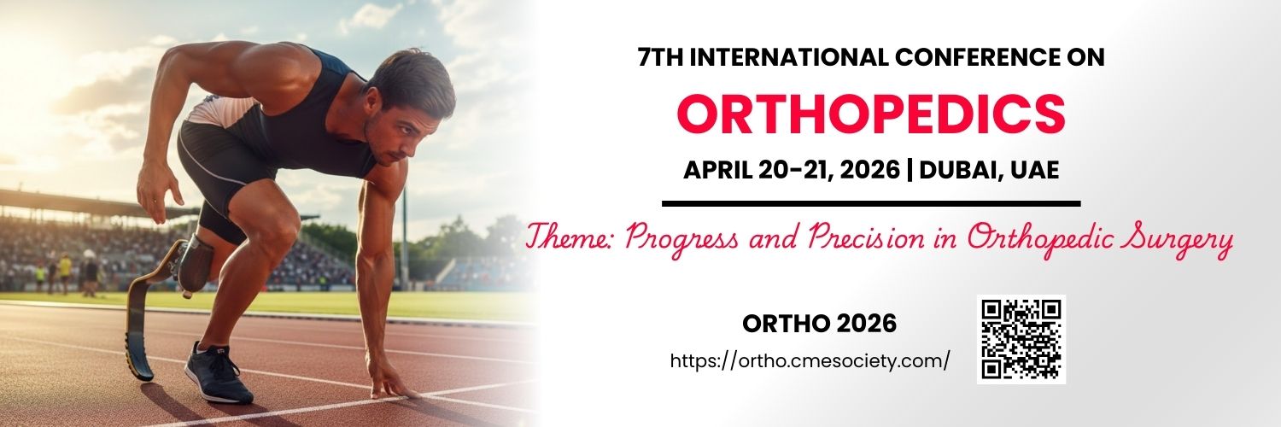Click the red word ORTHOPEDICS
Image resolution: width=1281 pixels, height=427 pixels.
[x=871, y=114]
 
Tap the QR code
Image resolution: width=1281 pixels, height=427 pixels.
[x=1021, y=339]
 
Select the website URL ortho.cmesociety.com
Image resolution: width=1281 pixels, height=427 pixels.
[x=810, y=360]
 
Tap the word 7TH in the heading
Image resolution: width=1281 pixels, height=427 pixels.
[x=660, y=57]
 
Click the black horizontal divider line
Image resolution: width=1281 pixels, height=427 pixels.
[x=871, y=203]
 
